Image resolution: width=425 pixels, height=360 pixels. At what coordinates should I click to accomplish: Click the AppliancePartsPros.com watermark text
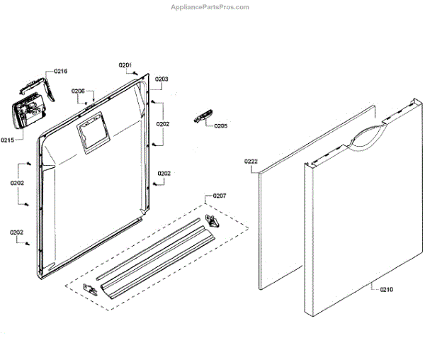click(x=211, y=7)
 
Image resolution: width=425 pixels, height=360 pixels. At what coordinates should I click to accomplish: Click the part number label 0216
click(x=61, y=72)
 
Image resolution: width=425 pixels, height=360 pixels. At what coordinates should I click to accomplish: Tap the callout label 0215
click(x=8, y=139)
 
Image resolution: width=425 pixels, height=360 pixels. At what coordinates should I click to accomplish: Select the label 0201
click(x=125, y=65)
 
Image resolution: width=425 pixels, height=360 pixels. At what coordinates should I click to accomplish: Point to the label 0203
click(x=161, y=79)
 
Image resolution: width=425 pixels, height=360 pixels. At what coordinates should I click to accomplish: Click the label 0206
click(x=78, y=91)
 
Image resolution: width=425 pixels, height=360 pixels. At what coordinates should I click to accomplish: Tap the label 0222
click(x=251, y=162)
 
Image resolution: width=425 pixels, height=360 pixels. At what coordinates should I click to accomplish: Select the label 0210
click(x=387, y=289)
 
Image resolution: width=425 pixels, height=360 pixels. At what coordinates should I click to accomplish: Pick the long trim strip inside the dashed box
click(x=156, y=252)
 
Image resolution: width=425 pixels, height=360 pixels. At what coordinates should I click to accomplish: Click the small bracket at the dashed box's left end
click(x=89, y=288)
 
